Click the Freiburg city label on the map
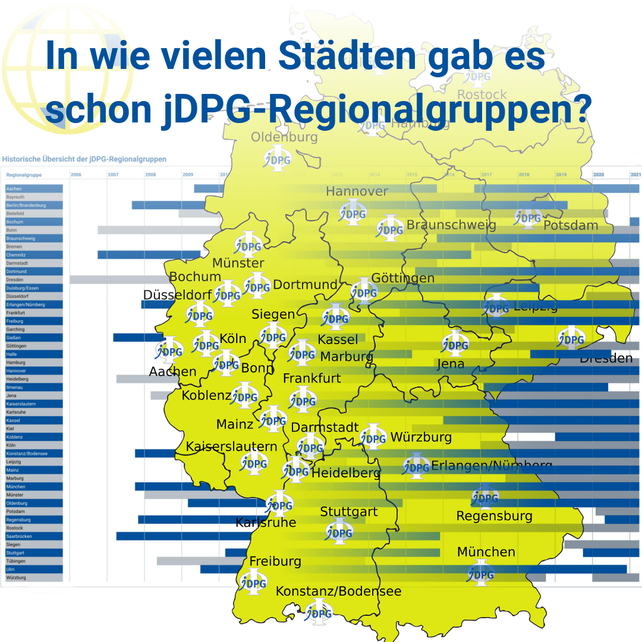(x=275, y=561)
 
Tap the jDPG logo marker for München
(x=480, y=574)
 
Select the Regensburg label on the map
(x=494, y=516)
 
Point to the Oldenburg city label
(x=284, y=137)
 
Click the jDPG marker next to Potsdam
(x=527, y=218)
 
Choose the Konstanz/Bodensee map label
(x=338, y=591)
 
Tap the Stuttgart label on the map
(x=349, y=512)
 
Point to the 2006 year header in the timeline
(x=76, y=175)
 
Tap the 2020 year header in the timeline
(x=598, y=175)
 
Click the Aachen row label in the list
(x=14, y=188)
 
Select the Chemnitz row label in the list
(x=16, y=254)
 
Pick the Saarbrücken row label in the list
(x=19, y=536)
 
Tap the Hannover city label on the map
(x=357, y=191)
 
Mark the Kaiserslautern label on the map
(x=232, y=446)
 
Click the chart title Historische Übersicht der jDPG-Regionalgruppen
(x=84, y=159)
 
